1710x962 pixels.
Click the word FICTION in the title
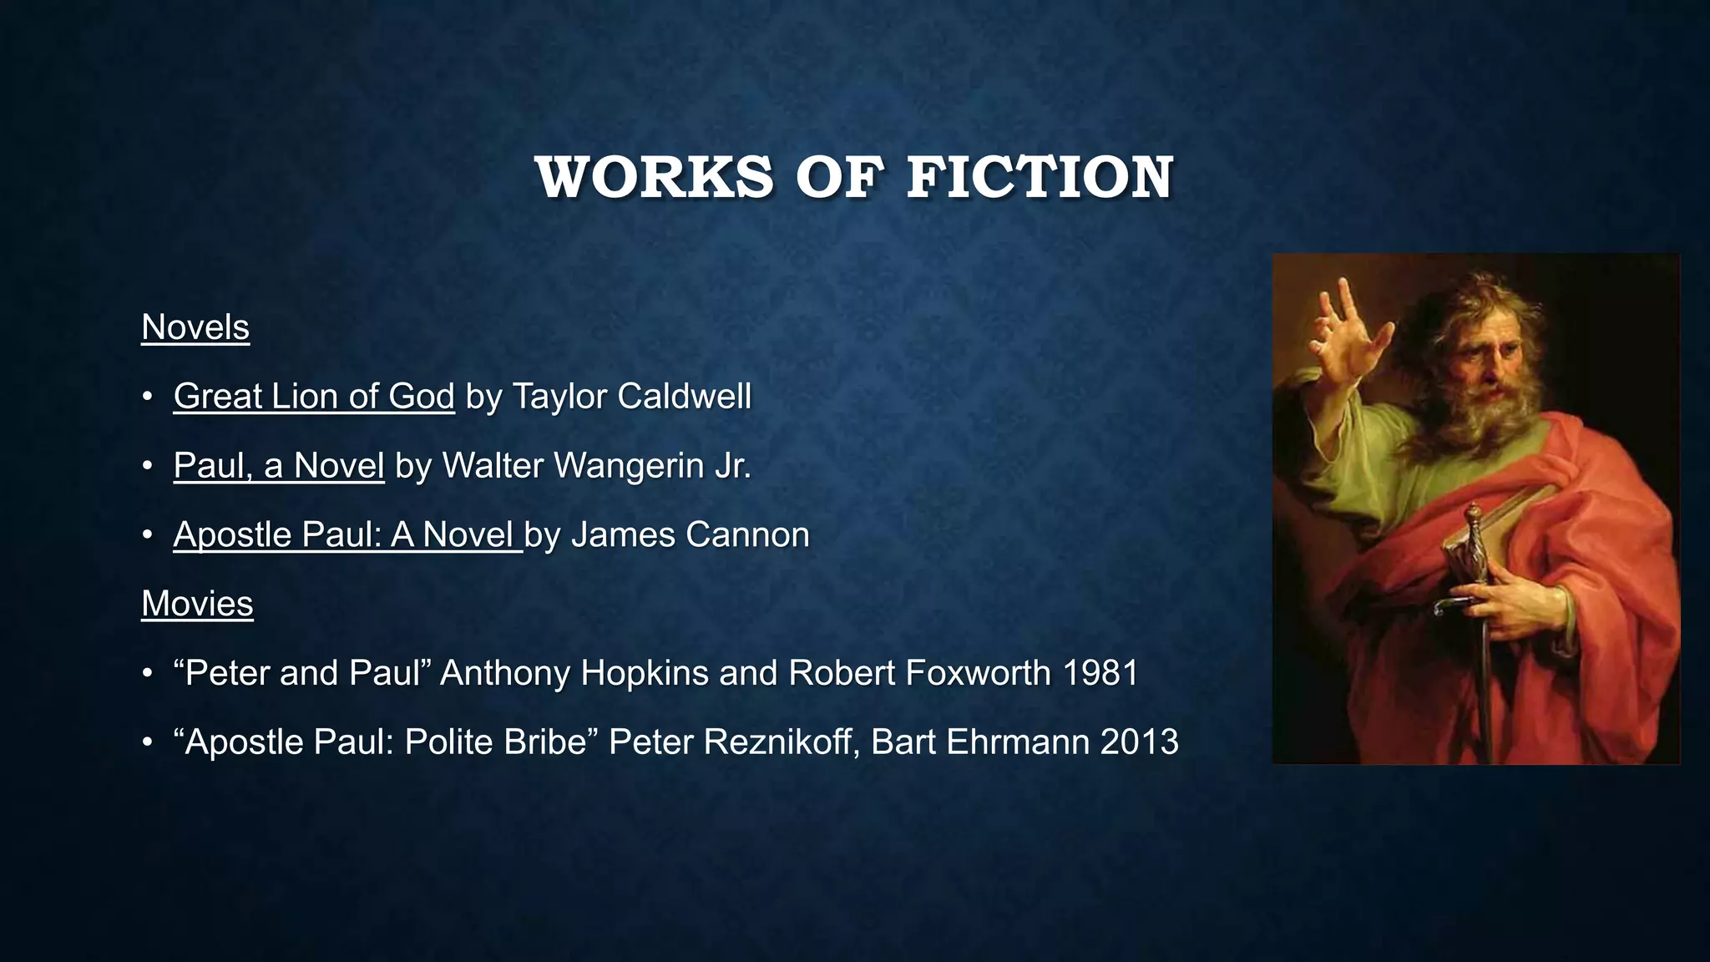(x=1040, y=178)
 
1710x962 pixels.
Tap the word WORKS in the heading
(x=655, y=178)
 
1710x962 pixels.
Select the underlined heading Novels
(x=195, y=327)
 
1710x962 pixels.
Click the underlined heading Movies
(x=197, y=604)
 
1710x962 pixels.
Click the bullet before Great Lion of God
(x=148, y=397)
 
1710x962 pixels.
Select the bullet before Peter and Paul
(x=148, y=673)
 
